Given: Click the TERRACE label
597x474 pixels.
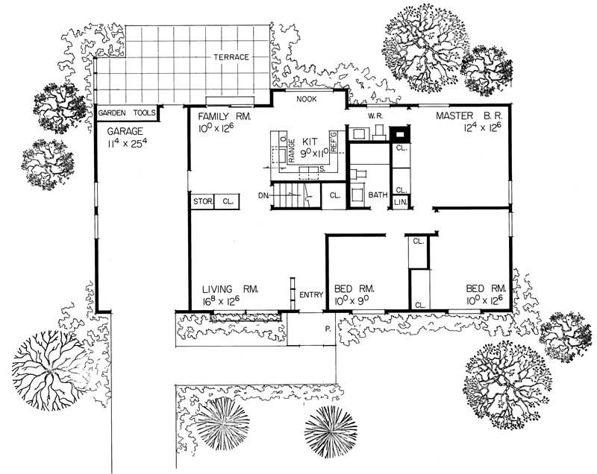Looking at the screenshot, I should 231,57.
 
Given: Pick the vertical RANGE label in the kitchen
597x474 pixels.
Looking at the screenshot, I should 293,150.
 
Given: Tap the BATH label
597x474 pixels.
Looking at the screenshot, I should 378,195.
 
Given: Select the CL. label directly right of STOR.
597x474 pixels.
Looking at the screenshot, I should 228,202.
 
